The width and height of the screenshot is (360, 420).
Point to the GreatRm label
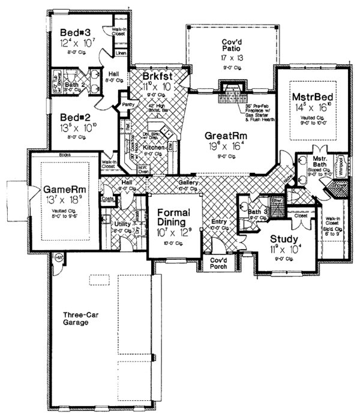coord(225,135)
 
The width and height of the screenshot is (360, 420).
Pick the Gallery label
coord(188,182)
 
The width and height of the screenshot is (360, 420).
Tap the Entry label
coord(218,223)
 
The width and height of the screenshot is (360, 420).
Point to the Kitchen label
coord(154,147)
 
